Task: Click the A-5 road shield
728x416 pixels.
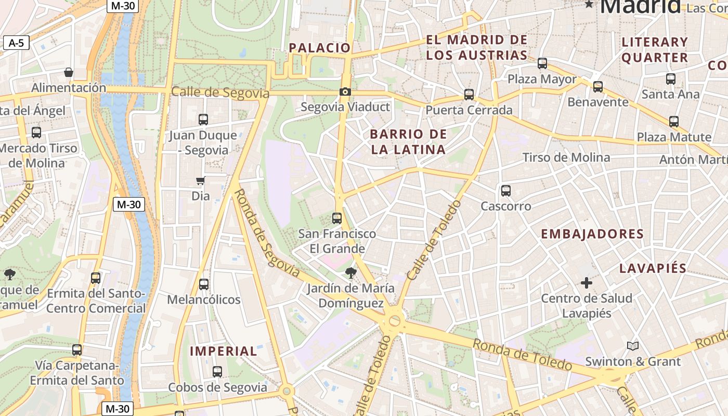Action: (x=16, y=43)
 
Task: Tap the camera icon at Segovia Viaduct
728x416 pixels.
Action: (x=345, y=92)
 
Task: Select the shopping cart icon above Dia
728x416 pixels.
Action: (x=201, y=181)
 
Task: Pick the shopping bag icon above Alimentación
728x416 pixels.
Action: (x=68, y=72)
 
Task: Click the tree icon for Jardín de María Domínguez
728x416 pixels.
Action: (x=351, y=272)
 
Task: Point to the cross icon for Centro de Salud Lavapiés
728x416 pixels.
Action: (x=587, y=283)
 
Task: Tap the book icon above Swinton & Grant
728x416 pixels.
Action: (x=633, y=346)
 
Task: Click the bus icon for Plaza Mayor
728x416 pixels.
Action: (x=542, y=63)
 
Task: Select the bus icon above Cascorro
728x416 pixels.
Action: (x=506, y=191)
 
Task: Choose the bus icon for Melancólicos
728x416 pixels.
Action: (x=204, y=284)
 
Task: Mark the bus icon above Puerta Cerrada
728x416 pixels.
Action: (x=469, y=95)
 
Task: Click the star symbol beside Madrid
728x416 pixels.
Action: (x=589, y=5)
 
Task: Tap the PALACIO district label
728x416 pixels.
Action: (x=320, y=48)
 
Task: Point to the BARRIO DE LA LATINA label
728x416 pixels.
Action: (x=408, y=142)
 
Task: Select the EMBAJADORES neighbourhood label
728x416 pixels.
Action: (x=592, y=234)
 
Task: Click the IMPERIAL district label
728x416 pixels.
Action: (x=224, y=351)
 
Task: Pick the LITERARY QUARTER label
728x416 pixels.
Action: (x=655, y=50)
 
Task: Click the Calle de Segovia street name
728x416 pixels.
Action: (x=220, y=93)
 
